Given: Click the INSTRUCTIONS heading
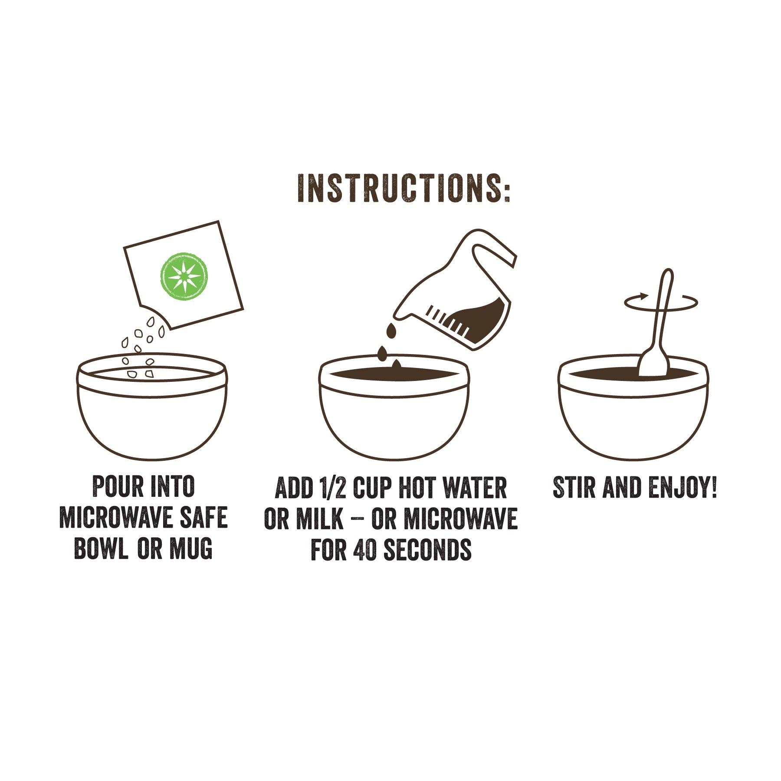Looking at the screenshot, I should pyautogui.click(x=404, y=189).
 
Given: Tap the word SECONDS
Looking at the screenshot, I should pyautogui.click(x=427, y=550).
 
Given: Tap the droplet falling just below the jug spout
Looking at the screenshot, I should pyautogui.click(x=391, y=331).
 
